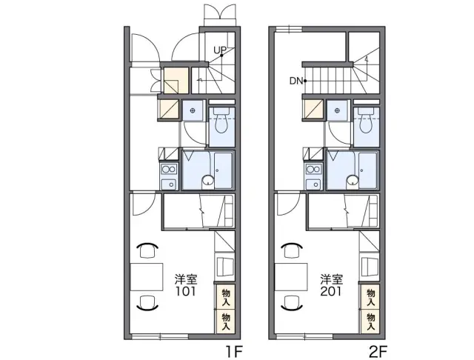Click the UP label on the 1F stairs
(x=220, y=50)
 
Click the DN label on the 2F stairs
(x=296, y=81)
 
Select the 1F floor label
(x=234, y=351)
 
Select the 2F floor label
(x=378, y=351)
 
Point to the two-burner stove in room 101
(x=169, y=169)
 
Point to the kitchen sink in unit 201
(x=313, y=184)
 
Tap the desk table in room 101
(x=147, y=277)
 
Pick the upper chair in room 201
(x=293, y=250)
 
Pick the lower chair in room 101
(x=147, y=302)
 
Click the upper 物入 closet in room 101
(x=226, y=297)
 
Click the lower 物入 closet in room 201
(x=370, y=321)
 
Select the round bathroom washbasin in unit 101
(x=207, y=180)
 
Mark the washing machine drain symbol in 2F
(x=337, y=110)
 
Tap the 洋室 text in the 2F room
(x=332, y=279)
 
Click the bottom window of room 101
(x=160, y=336)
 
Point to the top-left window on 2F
(x=290, y=30)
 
